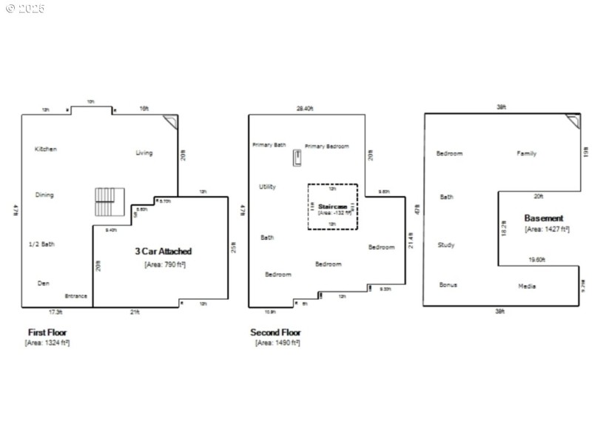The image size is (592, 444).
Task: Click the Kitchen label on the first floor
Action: click(46, 149)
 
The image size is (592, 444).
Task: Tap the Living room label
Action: click(144, 153)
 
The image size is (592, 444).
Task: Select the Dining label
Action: click(44, 195)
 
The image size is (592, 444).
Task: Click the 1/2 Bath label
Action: click(41, 244)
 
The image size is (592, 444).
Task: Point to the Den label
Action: click(44, 283)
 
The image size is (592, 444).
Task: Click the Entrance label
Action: click(76, 296)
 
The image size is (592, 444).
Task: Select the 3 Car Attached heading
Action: click(163, 252)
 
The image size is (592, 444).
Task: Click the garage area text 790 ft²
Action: click(164, 264)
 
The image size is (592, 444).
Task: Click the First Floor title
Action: click(47, 332)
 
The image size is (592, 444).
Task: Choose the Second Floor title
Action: click(275, 332)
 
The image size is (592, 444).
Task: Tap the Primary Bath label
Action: click(269, 145)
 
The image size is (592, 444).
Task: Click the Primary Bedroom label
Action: click(326, 147)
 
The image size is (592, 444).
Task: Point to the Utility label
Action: click(267, 187)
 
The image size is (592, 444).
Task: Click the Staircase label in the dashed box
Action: click(332, 206)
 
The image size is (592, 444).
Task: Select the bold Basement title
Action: click(544, 218)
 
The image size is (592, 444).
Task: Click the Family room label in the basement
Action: click(526, 154)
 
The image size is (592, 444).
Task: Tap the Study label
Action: click(446, 245)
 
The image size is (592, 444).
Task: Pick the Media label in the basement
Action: click(527, 286)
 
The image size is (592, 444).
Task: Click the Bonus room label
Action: click(448, 285)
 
